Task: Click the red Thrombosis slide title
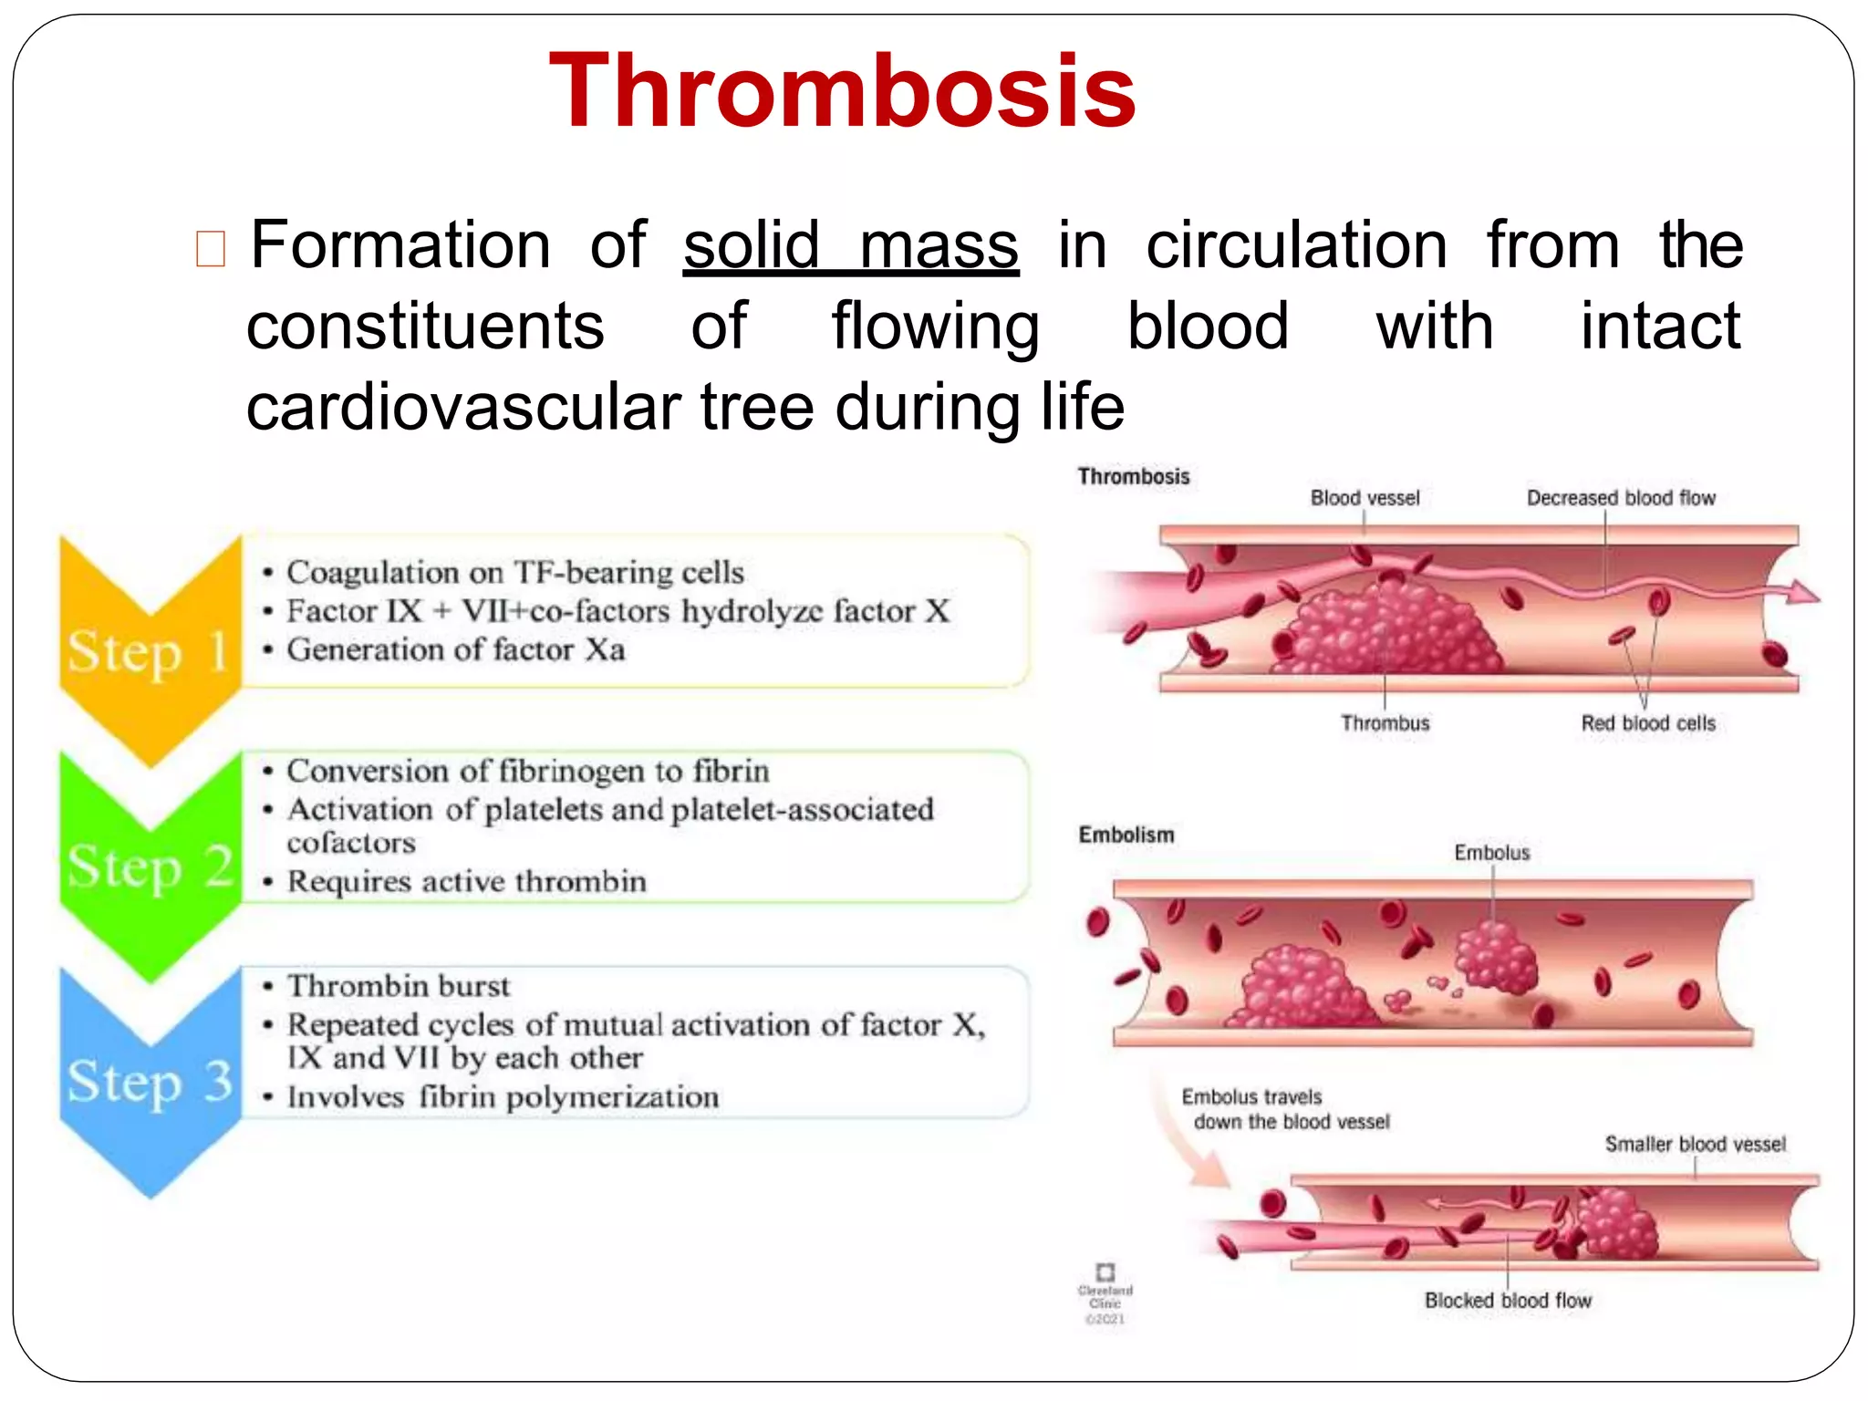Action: [x=842, y=92]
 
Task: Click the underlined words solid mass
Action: [x=850, y=245]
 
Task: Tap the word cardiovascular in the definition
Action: [x=462, y=407]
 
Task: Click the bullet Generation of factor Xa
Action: [x=456, y=649]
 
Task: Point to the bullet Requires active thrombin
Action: [x=466, y=881]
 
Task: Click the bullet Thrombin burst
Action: [x=399, y=986]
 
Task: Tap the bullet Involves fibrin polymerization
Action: [x=503, y=1096]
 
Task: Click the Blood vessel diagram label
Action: [x=1365, y=498]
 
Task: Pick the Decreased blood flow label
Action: [x=1621, y=498]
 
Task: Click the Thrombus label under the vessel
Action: [x=1385, y=723]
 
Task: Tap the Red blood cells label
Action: [x=1647, y=723]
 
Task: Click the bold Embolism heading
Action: [x=1126, y=835]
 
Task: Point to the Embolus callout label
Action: [x=1491, y=853]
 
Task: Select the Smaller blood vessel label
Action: [x=1695, y=1144]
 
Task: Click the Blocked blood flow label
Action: [x=1508, y=1301]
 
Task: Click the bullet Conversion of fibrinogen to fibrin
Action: [x=527, y=771]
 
